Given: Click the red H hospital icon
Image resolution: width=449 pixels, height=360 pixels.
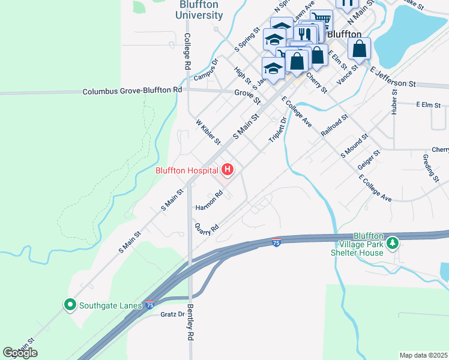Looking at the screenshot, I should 228,170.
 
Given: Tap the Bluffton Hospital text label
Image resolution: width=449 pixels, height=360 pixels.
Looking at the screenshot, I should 186,170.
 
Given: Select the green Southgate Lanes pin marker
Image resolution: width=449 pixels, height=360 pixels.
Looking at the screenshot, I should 70,305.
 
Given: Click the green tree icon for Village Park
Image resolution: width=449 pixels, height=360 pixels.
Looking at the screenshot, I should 392,243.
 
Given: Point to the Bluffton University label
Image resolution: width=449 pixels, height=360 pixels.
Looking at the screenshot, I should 200,10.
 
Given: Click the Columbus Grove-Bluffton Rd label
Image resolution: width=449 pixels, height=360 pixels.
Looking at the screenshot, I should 132,91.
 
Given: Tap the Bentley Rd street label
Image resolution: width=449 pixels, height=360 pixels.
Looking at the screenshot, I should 191,328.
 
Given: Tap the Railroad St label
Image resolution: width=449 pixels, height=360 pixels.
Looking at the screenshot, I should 334,126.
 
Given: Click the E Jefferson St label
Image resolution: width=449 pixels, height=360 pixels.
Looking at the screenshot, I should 393,77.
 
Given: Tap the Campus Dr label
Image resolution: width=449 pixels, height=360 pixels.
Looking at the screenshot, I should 206,70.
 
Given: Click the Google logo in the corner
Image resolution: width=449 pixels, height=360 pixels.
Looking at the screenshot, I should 20,353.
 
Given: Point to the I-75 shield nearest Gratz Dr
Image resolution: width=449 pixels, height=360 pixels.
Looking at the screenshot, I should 150,305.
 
